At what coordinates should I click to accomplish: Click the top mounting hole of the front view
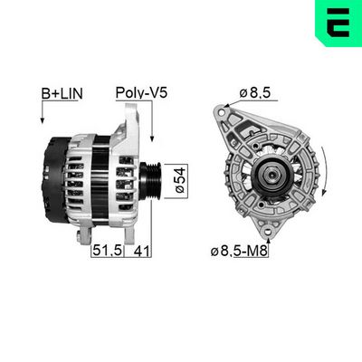point(222,113)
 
